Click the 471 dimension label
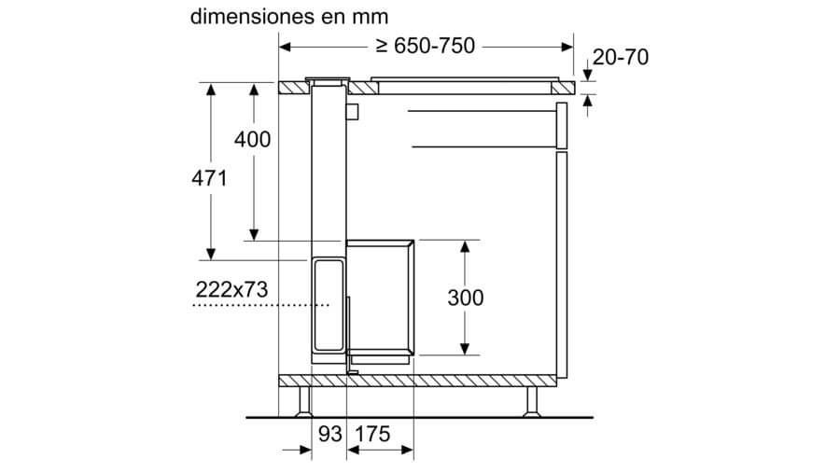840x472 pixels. click(209, 178)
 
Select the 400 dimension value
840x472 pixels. click(252, 140)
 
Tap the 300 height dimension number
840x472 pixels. click(466, 298)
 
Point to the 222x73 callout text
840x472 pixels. click(231, 289)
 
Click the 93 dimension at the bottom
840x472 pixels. click(330, 434)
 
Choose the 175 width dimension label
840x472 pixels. click(372, 434)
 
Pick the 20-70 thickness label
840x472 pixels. click(621, 57)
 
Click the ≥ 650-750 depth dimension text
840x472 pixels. click(426, 46)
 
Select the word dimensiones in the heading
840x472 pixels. click(252, 17)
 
